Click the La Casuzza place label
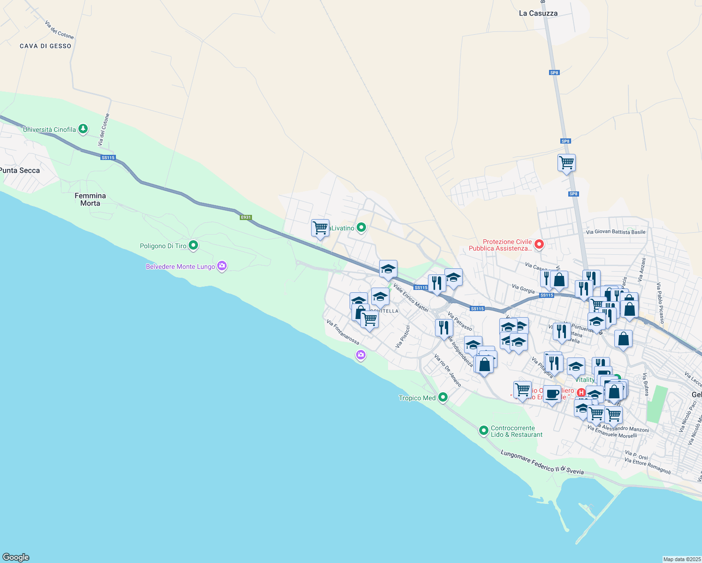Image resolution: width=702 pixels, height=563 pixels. pos(538,13)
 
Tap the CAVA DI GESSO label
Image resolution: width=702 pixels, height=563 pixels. pos(46,46)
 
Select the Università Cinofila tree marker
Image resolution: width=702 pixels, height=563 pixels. pos(83,129)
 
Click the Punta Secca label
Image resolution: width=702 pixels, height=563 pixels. pos(20,170)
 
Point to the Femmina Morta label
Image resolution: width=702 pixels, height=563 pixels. pos(90,199)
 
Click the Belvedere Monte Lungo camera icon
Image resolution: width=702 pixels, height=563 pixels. pos(222,266)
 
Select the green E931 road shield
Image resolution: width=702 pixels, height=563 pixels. pos(246,217)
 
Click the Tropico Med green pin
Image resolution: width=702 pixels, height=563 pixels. pos(443,397)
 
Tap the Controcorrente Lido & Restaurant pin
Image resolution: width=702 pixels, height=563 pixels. pos(484,430)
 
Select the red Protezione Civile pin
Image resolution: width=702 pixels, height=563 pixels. pos(539,244)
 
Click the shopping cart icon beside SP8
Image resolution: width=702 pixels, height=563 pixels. pos(566,163)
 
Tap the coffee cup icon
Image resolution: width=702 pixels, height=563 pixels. pos(552,394)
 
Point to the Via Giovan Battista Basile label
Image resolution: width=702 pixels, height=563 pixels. pos(616,232)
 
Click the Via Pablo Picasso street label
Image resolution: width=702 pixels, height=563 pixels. pos(661,303)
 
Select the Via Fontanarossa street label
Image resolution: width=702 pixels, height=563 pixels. pos(343,332)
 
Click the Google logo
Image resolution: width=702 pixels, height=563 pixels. pos(16,557)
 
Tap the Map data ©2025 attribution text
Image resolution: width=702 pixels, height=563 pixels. pos(681,559)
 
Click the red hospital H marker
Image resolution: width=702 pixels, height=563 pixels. pos(581,392)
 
